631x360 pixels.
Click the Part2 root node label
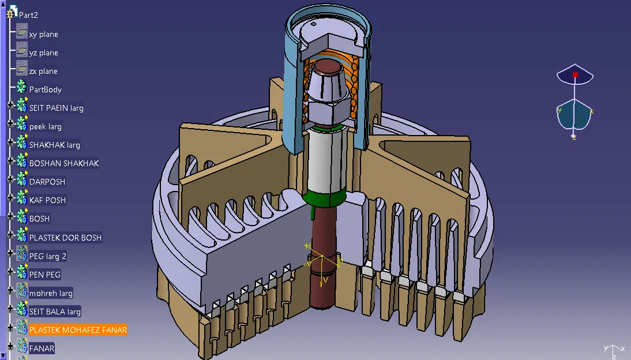pos(28,15)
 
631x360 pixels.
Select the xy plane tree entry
pos(43,34)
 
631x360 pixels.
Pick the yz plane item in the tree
pos(43,52)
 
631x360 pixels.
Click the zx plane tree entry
pos(43,72)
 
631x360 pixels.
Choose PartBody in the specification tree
pos(45,89)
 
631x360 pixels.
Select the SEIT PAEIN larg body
pos(56,108)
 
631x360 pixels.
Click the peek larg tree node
pos(45,126)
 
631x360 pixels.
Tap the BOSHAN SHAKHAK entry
pos(63,163)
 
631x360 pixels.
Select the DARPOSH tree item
pos(47,182)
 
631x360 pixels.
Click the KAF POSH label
pos(47,200)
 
